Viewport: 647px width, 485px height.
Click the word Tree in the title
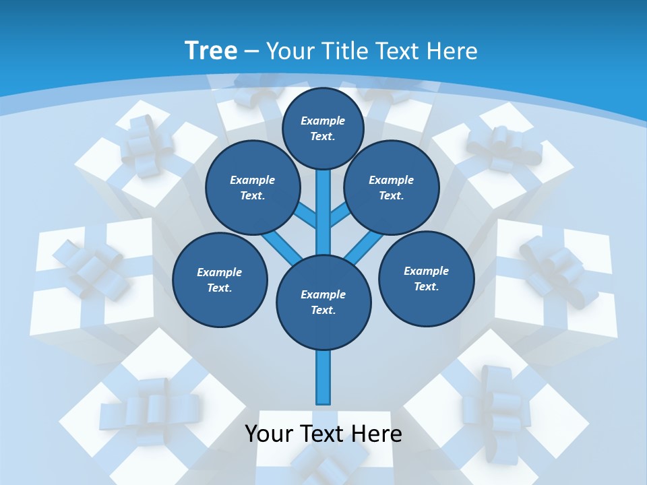coord(211,51)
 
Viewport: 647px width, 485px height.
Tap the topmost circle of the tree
coord(323,128)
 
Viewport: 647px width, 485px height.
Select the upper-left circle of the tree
coord(252,187)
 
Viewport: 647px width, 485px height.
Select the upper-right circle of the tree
coord(391,187)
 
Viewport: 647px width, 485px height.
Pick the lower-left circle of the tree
coord(220,280)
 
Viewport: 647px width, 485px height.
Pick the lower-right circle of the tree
coord(426,278)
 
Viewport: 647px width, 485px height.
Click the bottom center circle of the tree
coord(323,302)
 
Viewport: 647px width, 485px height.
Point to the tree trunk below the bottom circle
coord(323,377)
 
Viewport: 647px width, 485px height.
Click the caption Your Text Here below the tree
coord(323,434)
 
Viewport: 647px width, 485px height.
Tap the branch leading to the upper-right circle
coord(340,214)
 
